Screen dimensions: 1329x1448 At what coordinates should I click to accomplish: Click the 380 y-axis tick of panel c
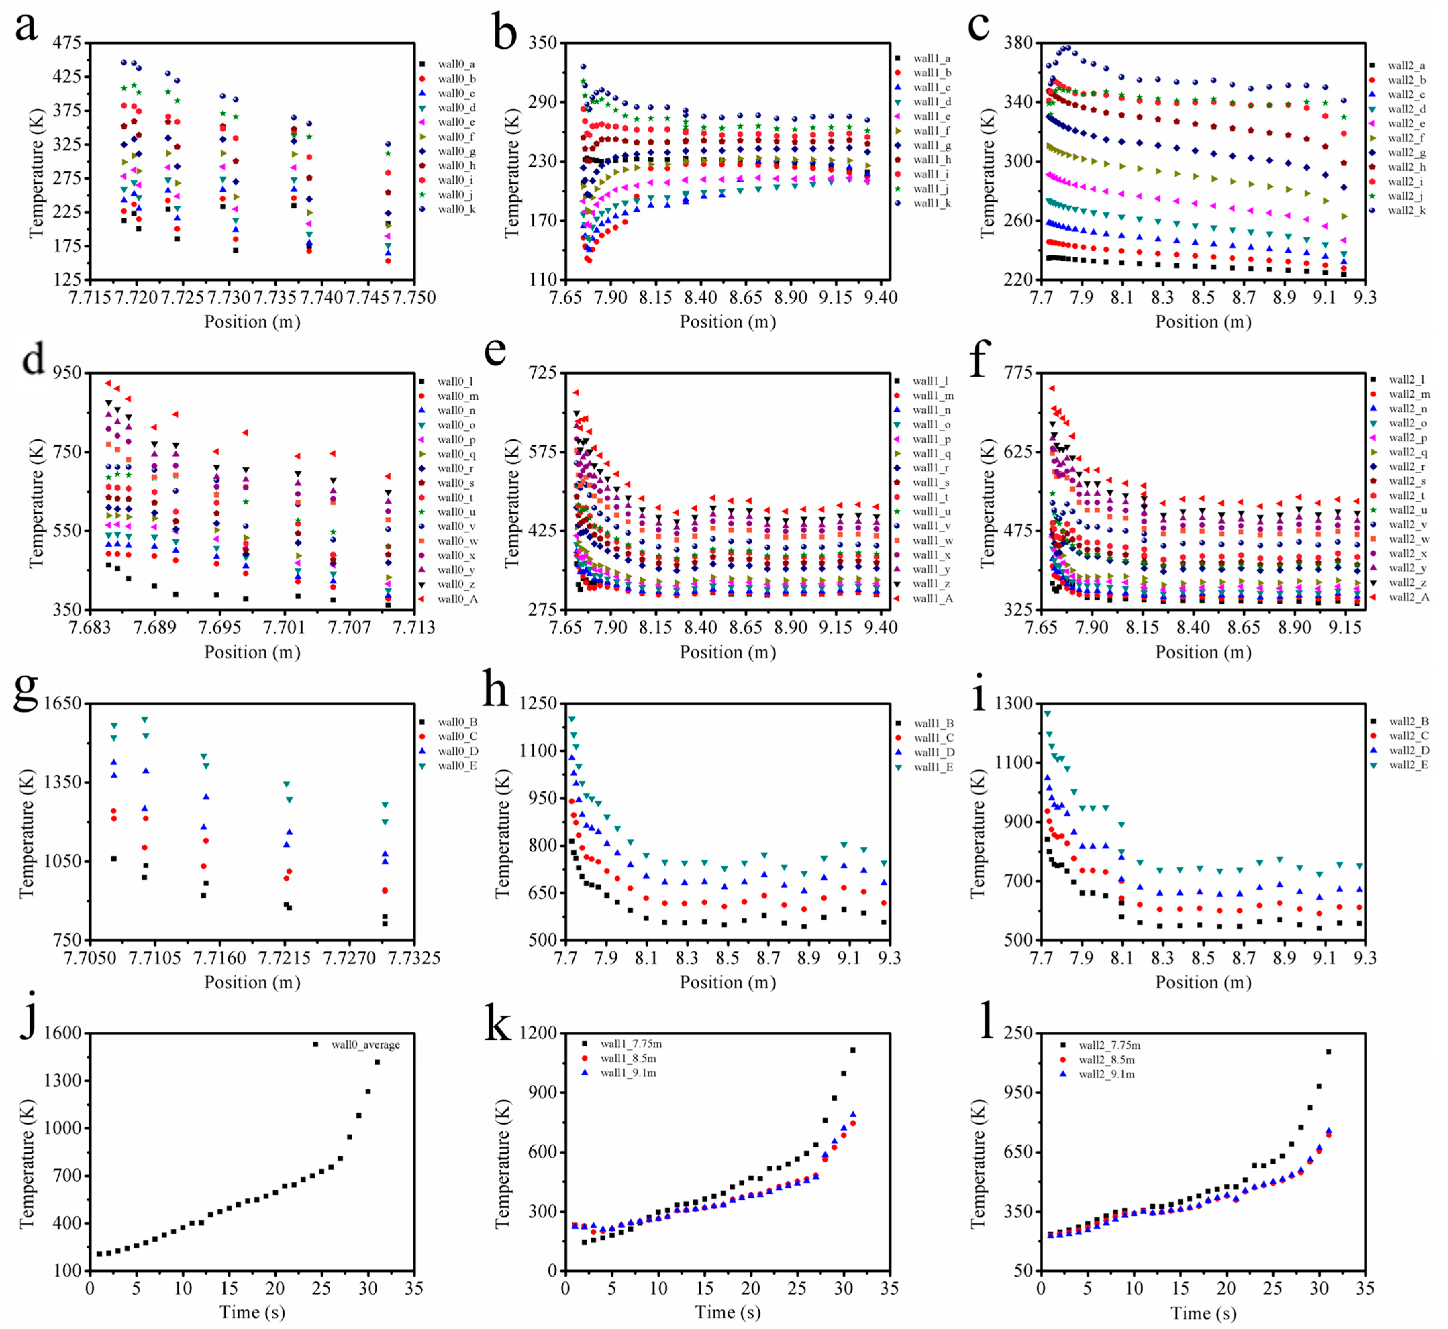(1018, 43)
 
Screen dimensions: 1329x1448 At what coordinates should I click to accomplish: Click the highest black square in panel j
(377, 1062)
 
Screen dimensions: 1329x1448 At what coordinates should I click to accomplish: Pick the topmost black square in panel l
(1328, 1052)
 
